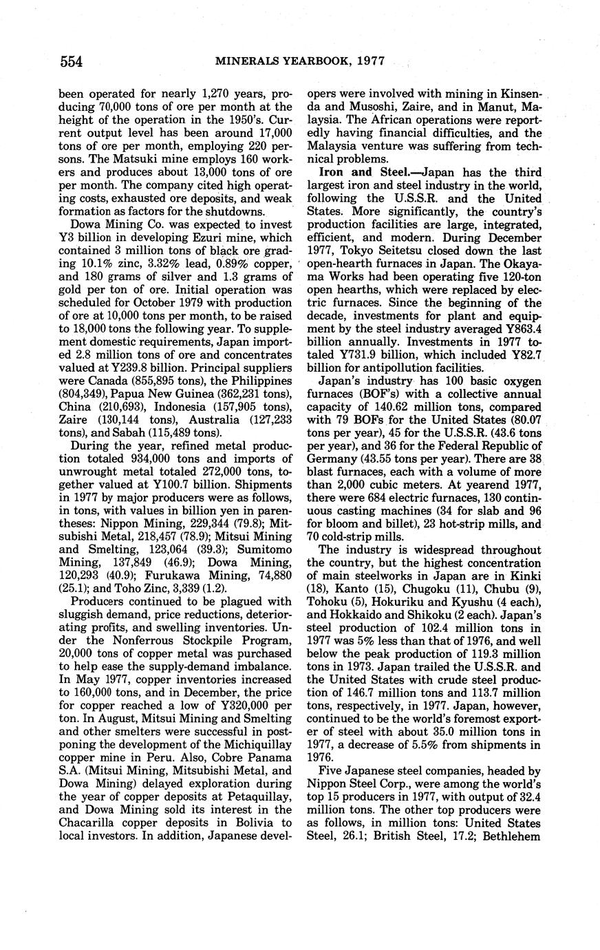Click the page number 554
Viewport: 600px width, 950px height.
click(x=72, y=63)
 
